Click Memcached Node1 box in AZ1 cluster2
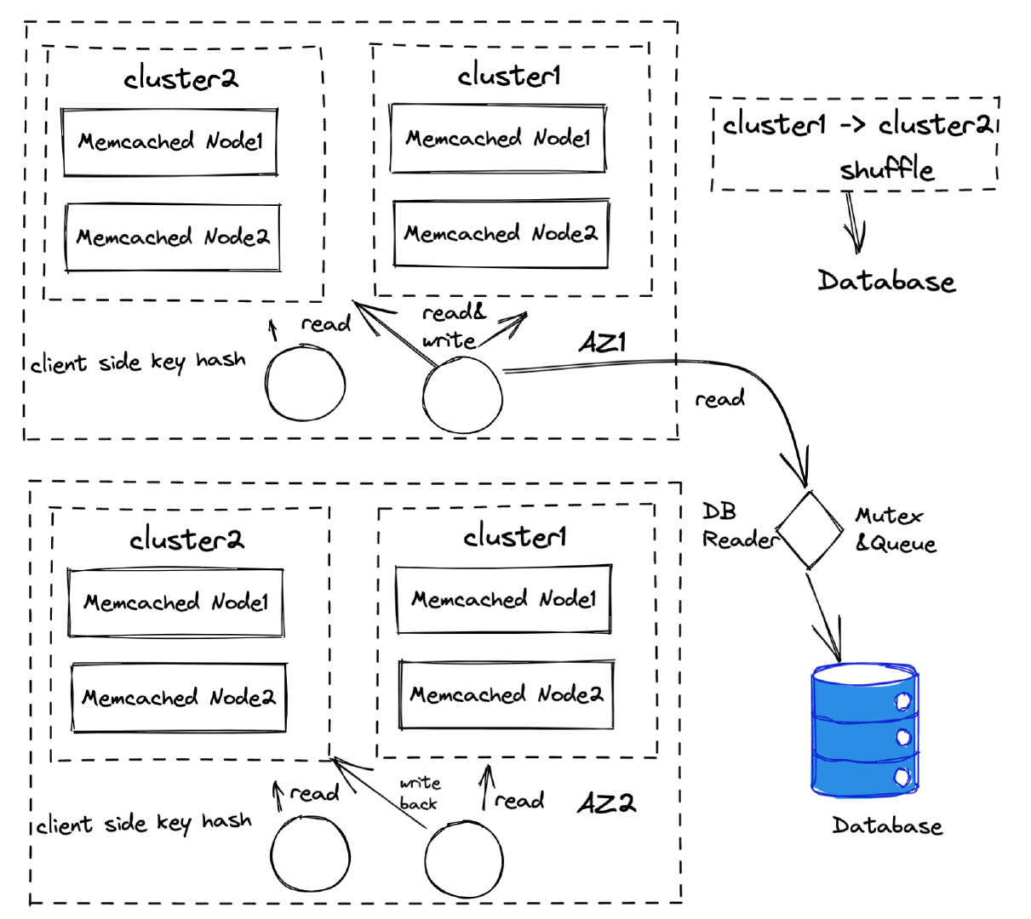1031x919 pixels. coord(170,142)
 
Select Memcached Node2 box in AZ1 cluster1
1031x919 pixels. coord(501,233)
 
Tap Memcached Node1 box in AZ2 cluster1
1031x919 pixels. coord(503,599)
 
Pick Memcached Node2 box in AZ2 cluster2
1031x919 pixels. coord(178,698)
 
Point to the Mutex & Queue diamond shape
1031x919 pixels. coord(808,528)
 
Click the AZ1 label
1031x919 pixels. coord(603,344)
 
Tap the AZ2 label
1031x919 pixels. coord(606,803)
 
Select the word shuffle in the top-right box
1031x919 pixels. coord(886,168)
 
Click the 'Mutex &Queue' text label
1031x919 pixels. coord(895,529)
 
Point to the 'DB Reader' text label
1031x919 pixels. coord(736,526)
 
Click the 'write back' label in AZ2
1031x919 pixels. coord(420,793)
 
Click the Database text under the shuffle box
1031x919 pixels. coord(886,281)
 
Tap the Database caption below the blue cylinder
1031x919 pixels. coord(887,825)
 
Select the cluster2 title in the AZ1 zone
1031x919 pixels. coord(180,78)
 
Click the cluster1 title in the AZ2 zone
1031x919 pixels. coord(514,537)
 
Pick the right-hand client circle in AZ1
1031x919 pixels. coord(462,396)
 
